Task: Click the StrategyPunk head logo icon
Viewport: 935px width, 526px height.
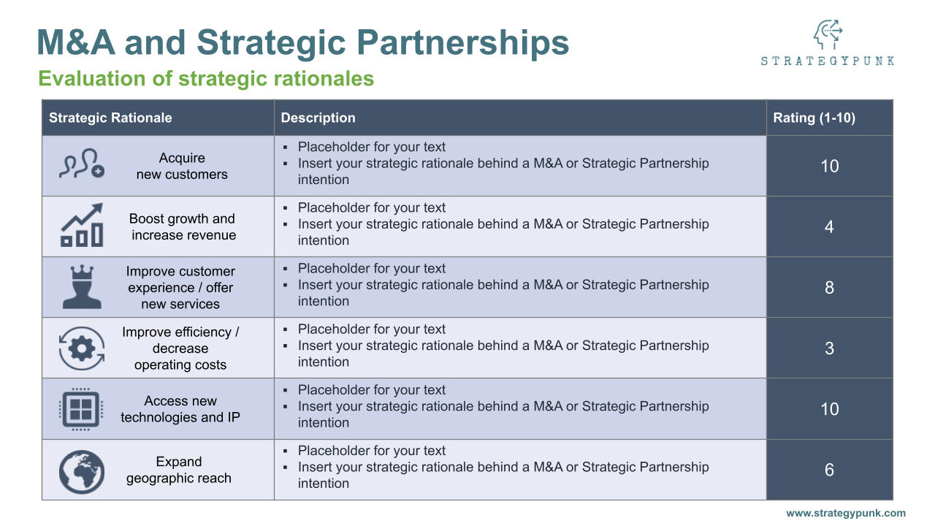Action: (828, 34)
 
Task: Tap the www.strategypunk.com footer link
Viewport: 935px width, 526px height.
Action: (845, 513)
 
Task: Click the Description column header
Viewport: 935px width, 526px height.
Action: (318, 118)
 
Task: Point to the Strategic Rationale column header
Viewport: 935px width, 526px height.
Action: (110, 118)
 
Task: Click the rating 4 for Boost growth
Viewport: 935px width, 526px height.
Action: (829, 226)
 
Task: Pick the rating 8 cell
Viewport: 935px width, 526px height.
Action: (829, 287)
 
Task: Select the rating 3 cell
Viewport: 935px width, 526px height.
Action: (829, 348)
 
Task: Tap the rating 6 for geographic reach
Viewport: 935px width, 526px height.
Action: (829, 470)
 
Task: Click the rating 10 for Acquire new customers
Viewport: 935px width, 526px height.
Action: (829, 166)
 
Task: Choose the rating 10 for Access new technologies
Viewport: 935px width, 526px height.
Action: (829, 409)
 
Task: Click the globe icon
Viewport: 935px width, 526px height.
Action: (81, 470)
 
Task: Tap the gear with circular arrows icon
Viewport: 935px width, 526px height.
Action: (81, 348)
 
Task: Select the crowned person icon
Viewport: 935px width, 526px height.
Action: (81, 287)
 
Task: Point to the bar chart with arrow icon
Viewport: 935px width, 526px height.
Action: (81, 226)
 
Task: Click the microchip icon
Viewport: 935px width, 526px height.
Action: (81, 409)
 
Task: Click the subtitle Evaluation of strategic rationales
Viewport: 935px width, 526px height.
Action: (206, 78)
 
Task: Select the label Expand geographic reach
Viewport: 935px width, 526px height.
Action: (179, 470)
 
